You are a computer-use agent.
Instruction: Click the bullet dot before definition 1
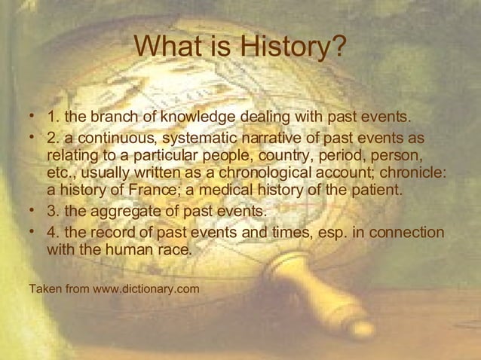pos(31,117)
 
